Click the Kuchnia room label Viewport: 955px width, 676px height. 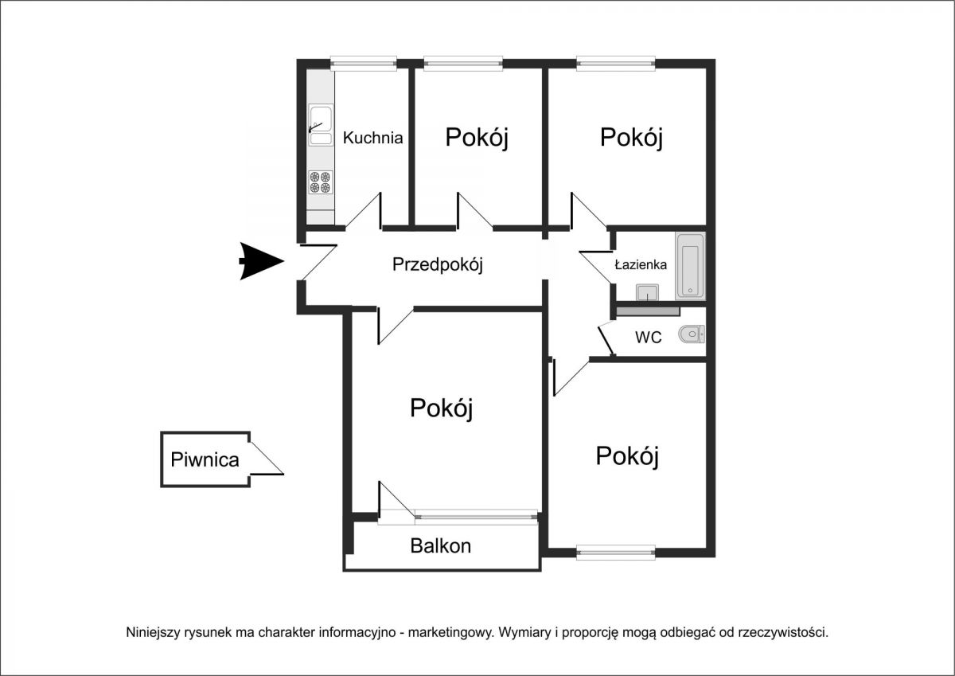point(372,138)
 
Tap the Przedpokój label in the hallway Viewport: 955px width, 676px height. point(438,264)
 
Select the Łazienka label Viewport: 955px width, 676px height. point(641,265)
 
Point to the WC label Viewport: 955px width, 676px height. point(648,338)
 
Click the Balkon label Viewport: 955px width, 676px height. point(440,546)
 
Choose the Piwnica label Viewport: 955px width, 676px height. point(205,459)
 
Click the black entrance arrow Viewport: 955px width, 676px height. point(262,261)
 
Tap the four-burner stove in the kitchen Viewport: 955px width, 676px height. point(321,182)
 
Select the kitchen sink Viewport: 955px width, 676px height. point(321,125)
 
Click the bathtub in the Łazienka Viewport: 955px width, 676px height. point(690,266)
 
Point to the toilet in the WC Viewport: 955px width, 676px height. point(691,334)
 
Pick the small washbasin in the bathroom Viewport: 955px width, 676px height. point(647,292)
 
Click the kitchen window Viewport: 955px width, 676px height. point(364,63)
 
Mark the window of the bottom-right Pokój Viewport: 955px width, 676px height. point(616,553)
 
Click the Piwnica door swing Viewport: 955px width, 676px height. point(267,458)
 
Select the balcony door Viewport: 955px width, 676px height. point(396,500)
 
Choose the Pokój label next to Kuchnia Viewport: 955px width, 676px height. point(477,137)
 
